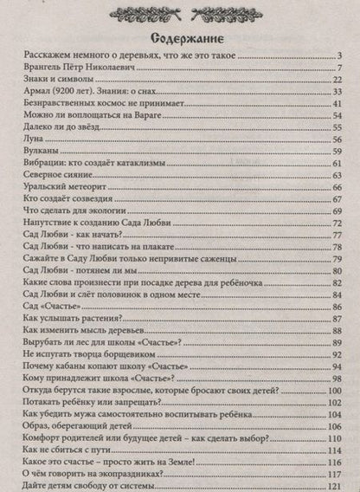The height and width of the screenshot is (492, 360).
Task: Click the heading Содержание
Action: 179,38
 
